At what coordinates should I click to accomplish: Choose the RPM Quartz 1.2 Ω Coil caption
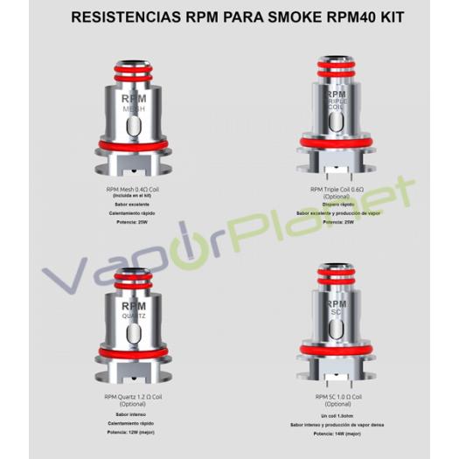129,398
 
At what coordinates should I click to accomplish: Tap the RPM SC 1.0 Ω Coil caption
336,398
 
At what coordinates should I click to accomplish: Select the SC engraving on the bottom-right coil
335,309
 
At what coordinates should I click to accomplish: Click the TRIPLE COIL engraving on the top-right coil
336,105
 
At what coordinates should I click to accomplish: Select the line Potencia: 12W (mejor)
129,432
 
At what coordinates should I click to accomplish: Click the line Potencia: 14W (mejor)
336,434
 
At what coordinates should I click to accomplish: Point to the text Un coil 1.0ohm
336,416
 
